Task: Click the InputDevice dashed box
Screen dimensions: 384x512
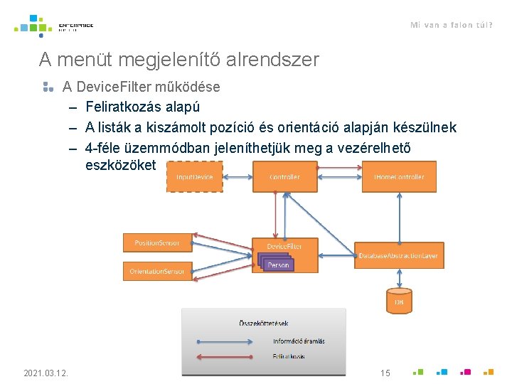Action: (195, 176)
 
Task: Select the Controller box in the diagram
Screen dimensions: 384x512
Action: (285, 176)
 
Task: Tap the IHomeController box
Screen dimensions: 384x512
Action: (398, 176)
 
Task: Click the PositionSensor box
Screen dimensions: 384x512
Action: (157, 242)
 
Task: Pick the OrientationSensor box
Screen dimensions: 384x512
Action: (157, 271)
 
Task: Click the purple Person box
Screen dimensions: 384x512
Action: (278, 265)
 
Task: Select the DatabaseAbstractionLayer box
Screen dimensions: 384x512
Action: (398, 255)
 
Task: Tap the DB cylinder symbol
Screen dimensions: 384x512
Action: (399, 300)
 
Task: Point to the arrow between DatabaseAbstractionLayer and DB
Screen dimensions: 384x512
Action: (399, 278)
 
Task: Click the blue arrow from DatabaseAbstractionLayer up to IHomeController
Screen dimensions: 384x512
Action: (399, 218)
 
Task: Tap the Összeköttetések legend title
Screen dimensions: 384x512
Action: (263, 324)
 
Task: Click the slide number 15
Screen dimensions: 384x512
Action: (385, 373)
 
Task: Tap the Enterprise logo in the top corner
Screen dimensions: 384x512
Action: (54, 26)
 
